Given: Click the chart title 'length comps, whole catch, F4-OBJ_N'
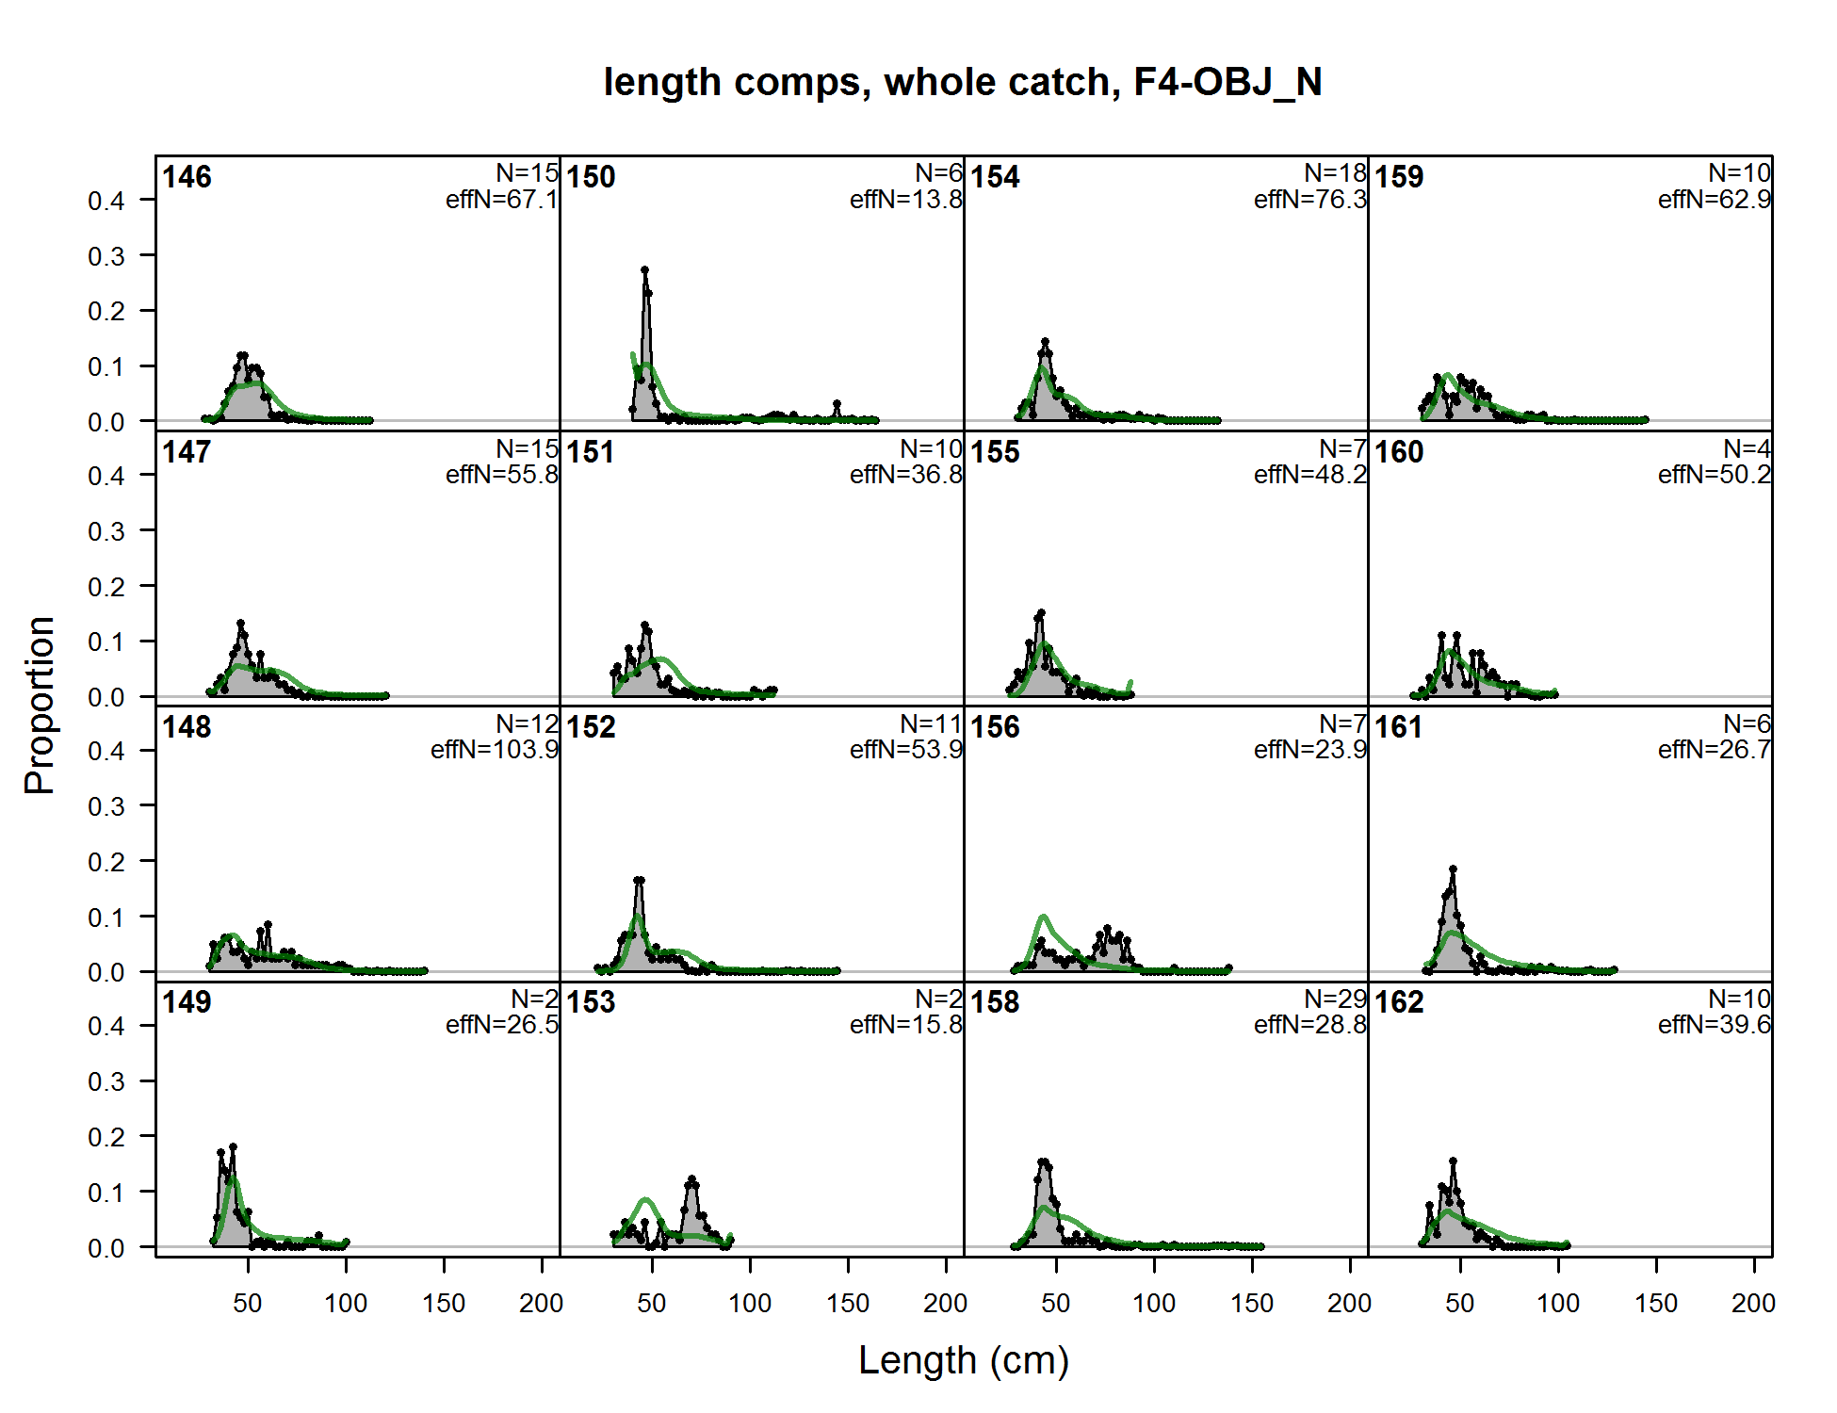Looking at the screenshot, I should tap(962, 82).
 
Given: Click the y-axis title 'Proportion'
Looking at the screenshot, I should tap(40, 706).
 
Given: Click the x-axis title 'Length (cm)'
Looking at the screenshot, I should tap(963, 1360).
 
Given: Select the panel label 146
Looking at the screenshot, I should tap(187, 177).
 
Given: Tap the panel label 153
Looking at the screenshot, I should tap(591, 1002).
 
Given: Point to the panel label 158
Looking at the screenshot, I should tap(995, 1002).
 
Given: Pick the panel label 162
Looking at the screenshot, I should tap(1399, 1002).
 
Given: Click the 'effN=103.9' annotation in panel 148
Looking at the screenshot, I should tap(495, 750).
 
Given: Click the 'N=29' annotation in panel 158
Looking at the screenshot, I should tap(1335, 999).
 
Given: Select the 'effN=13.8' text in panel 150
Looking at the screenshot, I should tap(905, 200).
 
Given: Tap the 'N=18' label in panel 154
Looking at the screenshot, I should tap(1335, 173).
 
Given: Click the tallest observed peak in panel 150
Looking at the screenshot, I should tap(644, 270).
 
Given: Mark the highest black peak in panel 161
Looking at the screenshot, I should tap(1453, 869).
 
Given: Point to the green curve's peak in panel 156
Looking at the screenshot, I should tap(1044, 917).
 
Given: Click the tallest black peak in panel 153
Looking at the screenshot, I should tap(691, 1179).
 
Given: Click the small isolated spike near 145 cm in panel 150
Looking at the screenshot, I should tap(837, 404).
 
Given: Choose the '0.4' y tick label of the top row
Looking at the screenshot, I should tap(106, 201).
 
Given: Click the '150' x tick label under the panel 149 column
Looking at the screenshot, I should tap(444, 1304).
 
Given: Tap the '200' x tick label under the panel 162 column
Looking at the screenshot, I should tap(1753, 1304).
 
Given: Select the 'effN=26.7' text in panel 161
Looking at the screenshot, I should tap(1714, 750).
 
